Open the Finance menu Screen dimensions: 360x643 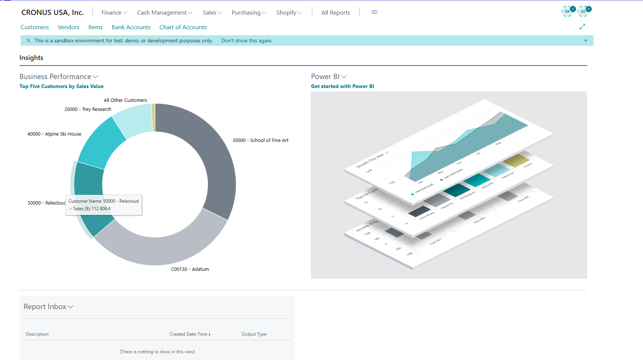[114, 13]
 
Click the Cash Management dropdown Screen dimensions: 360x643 [164, 13]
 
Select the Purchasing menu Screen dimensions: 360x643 [248, 13]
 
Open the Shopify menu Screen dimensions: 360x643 [289, 13]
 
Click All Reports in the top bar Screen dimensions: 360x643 [336, 13]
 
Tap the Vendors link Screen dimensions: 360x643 [69, 27]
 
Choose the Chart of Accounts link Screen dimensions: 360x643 [183, 27]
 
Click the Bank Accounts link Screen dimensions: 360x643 [131, 27]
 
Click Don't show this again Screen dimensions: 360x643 [247, 40]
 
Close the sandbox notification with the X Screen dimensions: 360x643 [28, 40]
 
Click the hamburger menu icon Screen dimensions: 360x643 [374, 12]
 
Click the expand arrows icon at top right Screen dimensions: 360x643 [582, 27]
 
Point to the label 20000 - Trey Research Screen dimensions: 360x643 [88, 109]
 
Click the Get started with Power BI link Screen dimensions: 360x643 [342, 86]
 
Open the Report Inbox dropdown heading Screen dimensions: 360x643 [48, 307]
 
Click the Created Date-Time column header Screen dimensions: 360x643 [190, 334]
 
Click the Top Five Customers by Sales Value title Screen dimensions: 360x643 [61, 86]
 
